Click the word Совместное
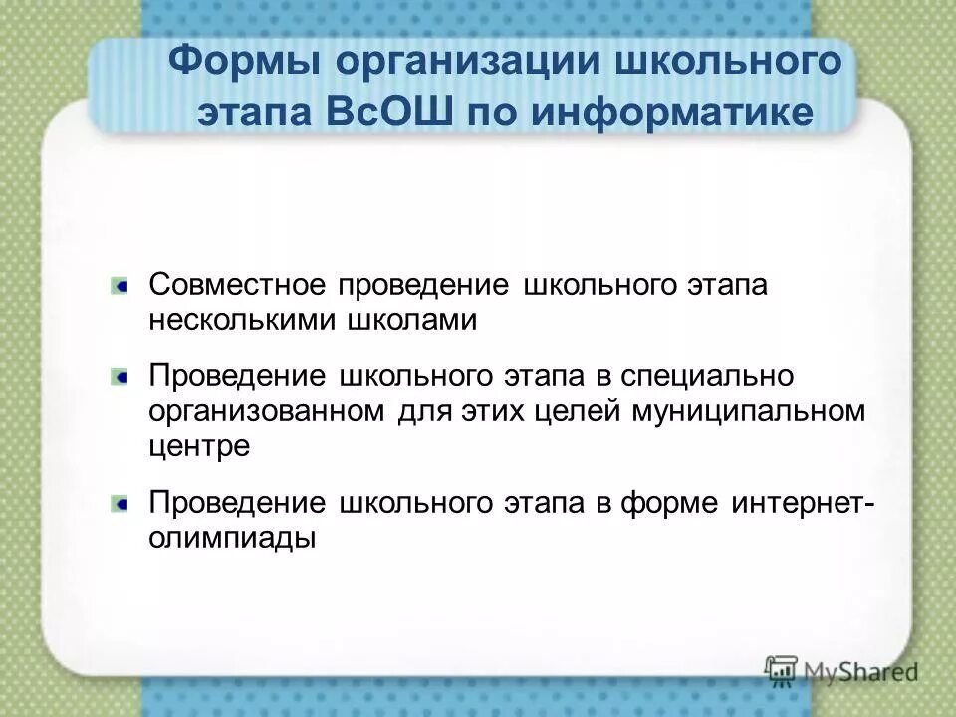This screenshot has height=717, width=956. [x=238, y=284]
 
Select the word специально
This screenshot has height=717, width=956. [x=708, y=377]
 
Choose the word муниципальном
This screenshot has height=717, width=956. [x=748, y=412]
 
